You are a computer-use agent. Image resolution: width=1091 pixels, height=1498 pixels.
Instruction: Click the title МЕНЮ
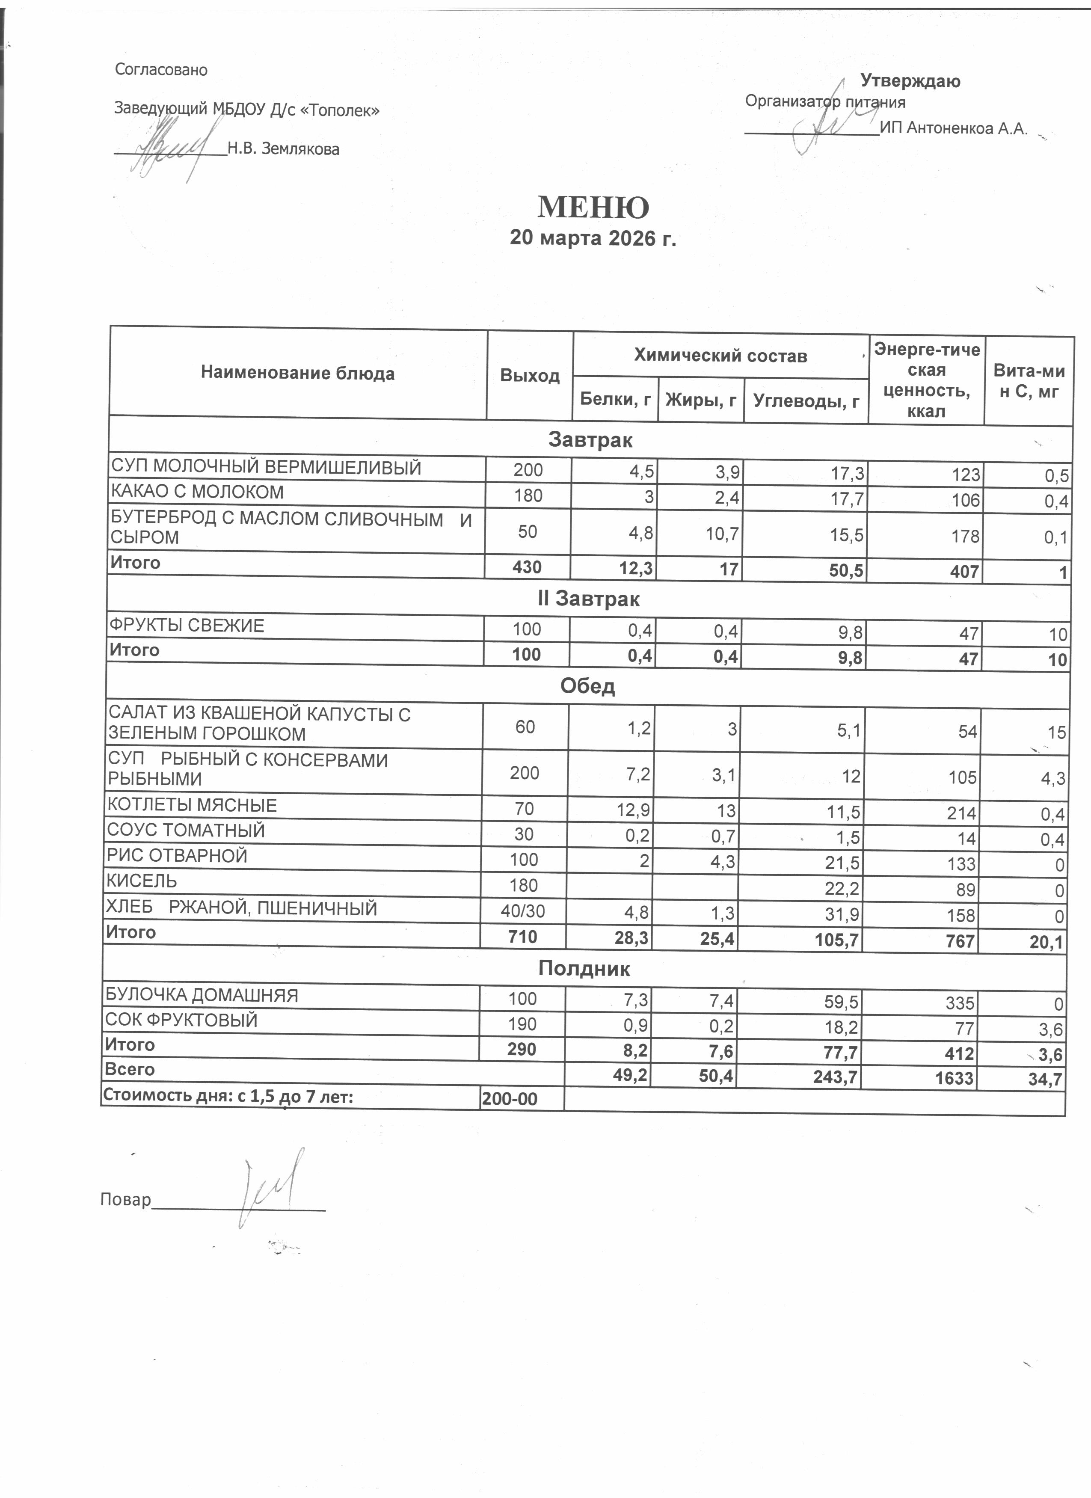593,208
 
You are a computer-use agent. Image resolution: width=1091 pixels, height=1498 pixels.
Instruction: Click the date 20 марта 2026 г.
593,238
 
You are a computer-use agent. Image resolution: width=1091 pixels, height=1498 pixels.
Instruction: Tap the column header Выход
530,376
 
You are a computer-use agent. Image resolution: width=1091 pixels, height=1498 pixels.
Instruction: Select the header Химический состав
720,356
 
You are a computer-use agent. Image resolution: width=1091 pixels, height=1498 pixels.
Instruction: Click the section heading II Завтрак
588,599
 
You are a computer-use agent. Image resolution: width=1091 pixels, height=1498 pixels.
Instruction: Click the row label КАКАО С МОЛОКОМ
198,492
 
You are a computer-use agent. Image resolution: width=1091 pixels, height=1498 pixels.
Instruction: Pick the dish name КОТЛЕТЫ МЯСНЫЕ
192,805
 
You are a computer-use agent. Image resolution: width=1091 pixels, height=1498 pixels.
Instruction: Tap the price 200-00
510,1099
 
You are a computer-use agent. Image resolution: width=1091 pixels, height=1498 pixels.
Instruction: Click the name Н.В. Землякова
283,149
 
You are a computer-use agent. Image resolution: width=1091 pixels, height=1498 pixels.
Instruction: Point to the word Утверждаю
910,81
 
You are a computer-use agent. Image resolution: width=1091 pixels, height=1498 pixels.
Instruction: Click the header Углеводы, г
806,400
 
